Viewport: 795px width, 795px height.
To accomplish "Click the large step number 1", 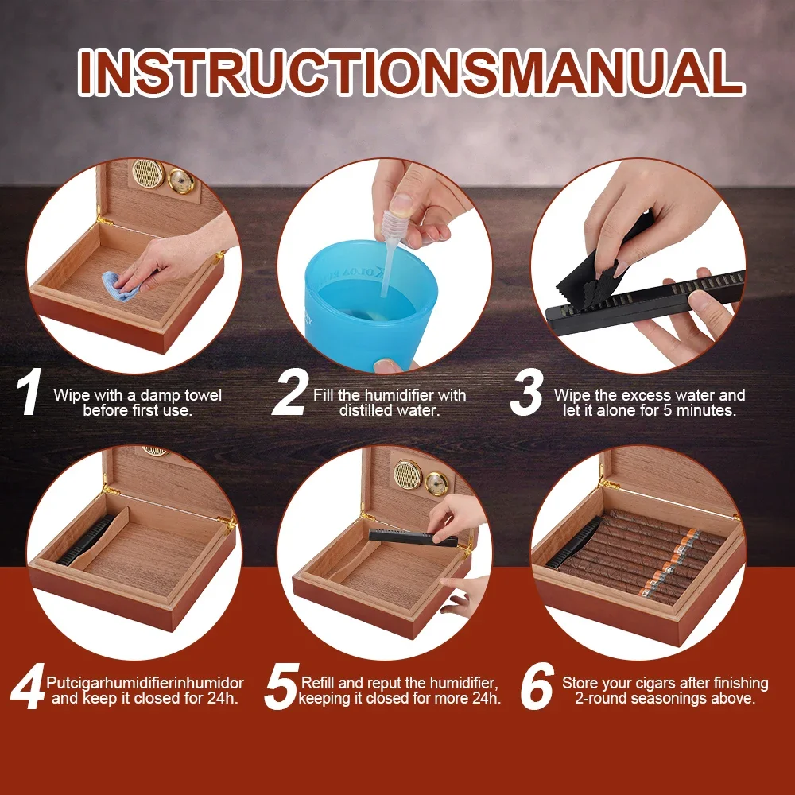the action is (29, 393).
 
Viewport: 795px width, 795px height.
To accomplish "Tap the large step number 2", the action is (289, 393).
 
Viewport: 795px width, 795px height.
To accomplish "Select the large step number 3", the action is (527, 393).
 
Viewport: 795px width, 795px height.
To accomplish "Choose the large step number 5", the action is (281, 686).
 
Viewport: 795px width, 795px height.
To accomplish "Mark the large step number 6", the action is (537, 686).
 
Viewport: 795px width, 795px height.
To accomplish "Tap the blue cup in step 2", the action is (370, 301).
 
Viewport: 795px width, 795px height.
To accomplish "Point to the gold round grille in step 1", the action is (148, 173).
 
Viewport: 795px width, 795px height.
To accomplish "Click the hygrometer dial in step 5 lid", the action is (436, 483).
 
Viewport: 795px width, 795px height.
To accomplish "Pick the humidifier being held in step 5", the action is (412, 537).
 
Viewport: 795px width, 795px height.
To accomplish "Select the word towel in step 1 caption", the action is (203, 395).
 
